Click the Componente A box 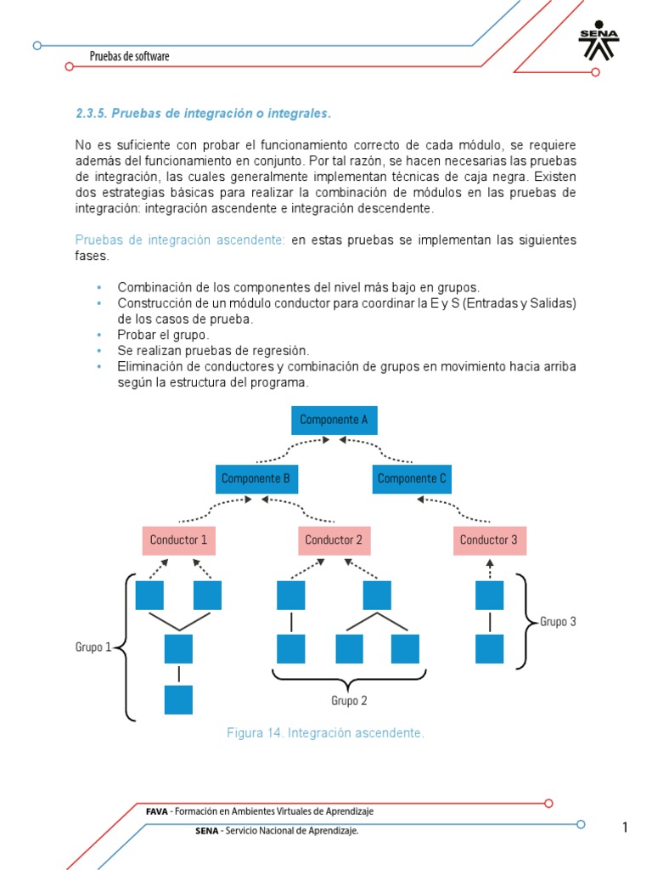(x=334, y=420)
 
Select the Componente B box (x=256, y=478)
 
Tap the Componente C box (x=412, y=478)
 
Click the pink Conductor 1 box (x=178, y=540)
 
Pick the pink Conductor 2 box (x=334, y=540)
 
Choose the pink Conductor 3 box (x=489, y=540)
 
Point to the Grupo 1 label (x=93, y=647)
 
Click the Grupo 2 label (x=349, y=701)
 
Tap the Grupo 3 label (x=558, y=621)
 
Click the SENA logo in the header (x=599, y=41)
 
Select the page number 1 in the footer (x=625, y=828)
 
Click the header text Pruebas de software (x=130, y=56)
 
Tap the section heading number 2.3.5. (x=91, y=113)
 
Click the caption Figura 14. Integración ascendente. (x=325, y=732)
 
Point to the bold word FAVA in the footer (x=157, y=811)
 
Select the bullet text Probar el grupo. (x=163, y=335)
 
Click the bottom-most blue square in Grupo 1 (x=178, y=699)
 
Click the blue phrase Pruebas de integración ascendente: (x=180, y=240)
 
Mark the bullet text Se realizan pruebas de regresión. (x=213, y=350)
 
